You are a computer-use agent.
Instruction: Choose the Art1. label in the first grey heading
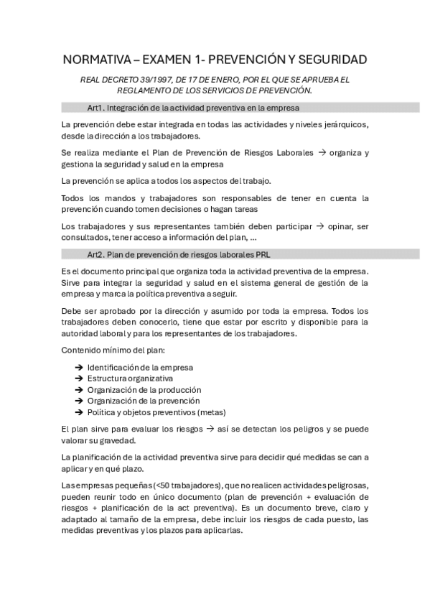coord(94,108)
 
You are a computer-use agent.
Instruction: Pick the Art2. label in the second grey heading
coord(94,254)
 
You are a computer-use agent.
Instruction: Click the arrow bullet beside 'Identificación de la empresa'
coord(78,367)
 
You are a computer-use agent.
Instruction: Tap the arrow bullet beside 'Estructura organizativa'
coord(78,378)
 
